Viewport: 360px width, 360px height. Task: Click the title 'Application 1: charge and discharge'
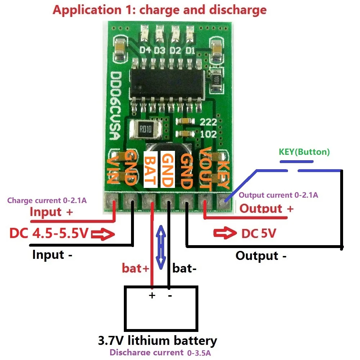(159, 10)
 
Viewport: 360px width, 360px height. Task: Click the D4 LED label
(145, 50)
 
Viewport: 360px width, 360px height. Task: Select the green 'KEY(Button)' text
(304, 152)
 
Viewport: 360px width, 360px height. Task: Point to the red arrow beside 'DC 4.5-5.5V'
(103, 235)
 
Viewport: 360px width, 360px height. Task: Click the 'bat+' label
(135, 268)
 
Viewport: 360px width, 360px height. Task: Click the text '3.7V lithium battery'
(158, 340)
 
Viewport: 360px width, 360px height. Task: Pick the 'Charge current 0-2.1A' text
(47, 201)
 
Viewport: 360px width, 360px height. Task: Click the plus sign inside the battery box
(152, 296)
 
